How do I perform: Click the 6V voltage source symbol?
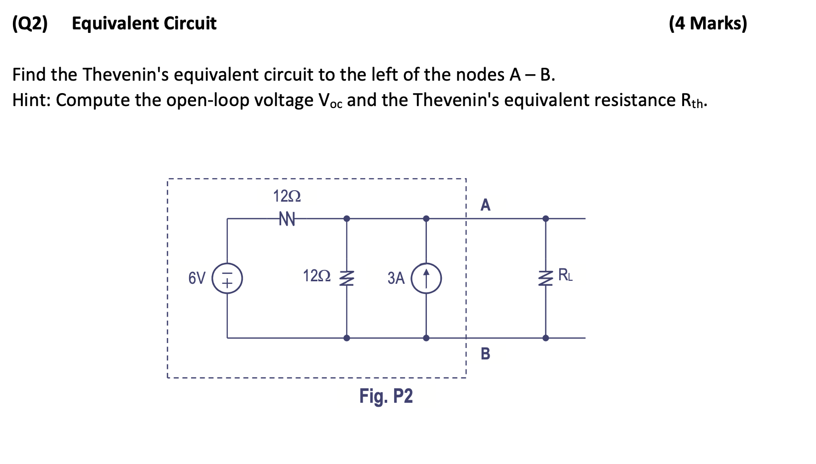click(227, 278)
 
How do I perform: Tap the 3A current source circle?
click(426, 278)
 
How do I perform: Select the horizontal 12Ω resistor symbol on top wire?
click(287, 219)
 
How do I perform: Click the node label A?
click(485, 205)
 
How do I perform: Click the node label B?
click(485, 353)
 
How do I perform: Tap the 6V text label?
click(197, 278)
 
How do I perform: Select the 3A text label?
click(396, 278)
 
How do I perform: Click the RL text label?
click(565, 275)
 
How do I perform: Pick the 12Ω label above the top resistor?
click(287, 196)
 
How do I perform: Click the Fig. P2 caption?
click(386, 396)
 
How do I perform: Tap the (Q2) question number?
click(30, 23)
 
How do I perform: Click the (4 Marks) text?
click(708, 23)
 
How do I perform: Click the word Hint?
click(30, 100)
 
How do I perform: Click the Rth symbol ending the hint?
click(693, 101)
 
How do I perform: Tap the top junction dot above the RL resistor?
click(546, 219)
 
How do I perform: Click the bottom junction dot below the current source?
click(426, 338)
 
